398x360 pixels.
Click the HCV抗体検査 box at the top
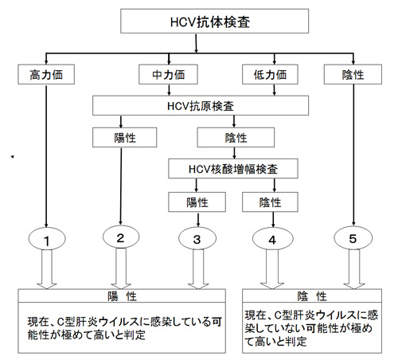pos(214,22)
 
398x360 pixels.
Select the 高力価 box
pos(46,75)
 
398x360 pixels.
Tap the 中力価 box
pos(168,75)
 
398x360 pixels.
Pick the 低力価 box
pos(270,75)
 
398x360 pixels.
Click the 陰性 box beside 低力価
pos(353,75)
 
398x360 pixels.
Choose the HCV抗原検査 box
pos(201,106)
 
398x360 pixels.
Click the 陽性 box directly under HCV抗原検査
pos(125,138)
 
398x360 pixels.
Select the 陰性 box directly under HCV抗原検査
pos(236,138)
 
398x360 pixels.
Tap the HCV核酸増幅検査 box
pos(233,169)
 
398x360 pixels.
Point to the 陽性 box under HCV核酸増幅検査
pos(197,202)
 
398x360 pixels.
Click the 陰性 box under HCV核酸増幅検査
pos(270,202)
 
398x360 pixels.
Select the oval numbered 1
pos(47,239)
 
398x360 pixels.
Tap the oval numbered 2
pos(121,237)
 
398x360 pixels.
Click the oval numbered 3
pos(197,238)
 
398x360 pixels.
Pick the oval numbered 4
pos(273,238)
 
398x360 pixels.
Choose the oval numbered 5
pos(353,238)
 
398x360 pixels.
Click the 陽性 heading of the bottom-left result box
pos(122,295)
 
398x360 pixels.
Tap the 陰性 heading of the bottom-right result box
pos(312,295)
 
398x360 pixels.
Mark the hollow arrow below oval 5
pos(354,269)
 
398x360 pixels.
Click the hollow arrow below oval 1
pos(47,269)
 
